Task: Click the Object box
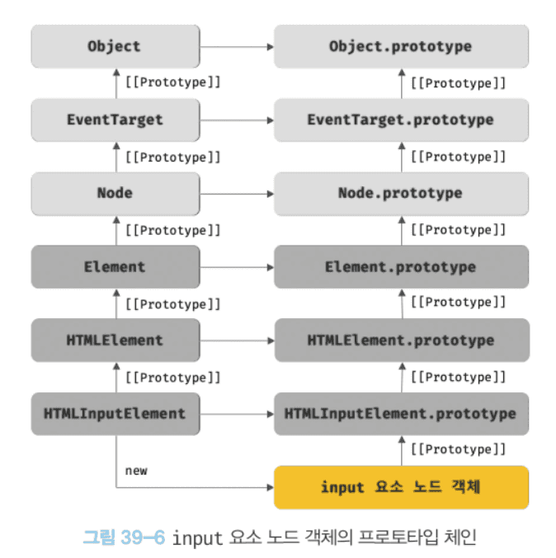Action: click(115, 46)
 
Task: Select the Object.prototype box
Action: click(401, 46)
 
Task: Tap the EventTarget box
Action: click(115, 120)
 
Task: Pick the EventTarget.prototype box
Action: click(401, 120)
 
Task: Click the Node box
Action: click(115, 193)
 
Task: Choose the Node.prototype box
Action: click(401, 193)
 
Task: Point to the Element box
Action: click(115, 266)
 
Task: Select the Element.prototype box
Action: click(401, 266)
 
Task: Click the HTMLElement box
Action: click(115, 340)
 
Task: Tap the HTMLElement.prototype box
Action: click(401, 340)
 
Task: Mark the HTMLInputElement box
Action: click(115, 413)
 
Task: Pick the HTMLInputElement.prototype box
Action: click(401, 413)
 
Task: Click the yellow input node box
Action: click(401, 487)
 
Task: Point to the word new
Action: click(136, 470)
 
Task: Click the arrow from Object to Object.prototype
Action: click(237, 46)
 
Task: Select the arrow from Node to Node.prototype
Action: click(237, 193)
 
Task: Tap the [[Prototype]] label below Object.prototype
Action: click(458, 83)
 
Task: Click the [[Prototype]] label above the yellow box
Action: click(458, 450)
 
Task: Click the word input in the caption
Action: click(198, 538)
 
